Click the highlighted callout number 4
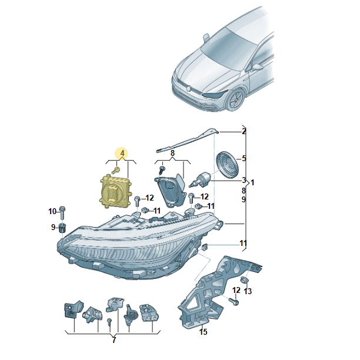coord(122,153)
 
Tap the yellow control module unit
coord(116,191)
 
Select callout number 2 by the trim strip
coord(244,132)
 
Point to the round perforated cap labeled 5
coord(228,164)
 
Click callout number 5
coord(244,158)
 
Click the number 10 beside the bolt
coord(52,211)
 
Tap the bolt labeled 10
coord(62,212)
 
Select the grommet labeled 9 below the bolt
coord(62,228)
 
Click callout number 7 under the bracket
coord(114,340)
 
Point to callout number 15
coord(203,332)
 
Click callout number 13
coord(248,291)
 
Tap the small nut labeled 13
coord(244,281)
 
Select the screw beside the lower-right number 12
coord(234,301)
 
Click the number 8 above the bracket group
coord(172,153)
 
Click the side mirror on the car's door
coord(257,67)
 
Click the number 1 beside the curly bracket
coord(252,183)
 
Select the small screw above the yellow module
coord(116,170)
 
